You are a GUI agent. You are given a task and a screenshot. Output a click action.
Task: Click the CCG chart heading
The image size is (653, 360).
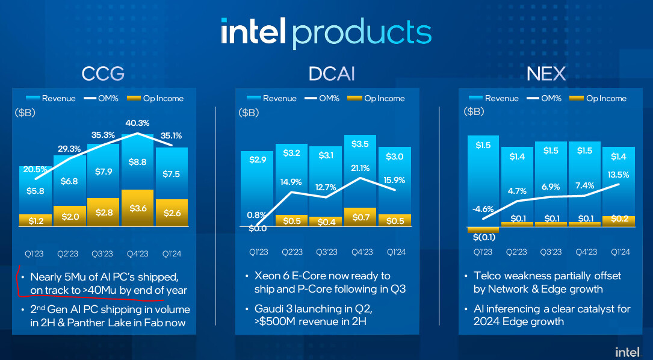click(103, 74)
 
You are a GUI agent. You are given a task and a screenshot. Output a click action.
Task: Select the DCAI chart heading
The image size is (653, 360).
click(332, 74)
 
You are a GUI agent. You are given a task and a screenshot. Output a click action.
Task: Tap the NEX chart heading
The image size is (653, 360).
click(546, 74)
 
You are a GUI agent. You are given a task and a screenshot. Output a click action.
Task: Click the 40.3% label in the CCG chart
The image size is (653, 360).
click(137, 123)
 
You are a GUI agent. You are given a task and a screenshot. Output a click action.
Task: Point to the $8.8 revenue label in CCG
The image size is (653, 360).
click(137, 162)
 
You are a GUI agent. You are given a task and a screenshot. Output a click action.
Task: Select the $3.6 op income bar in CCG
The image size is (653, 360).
click(137, 208)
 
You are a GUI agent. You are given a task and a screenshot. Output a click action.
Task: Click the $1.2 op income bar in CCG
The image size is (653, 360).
click(36, 221)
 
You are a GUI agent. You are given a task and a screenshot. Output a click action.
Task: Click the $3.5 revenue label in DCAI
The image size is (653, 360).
click(360, 144)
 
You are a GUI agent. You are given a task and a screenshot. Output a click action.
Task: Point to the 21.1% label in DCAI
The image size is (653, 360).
click(361, 169)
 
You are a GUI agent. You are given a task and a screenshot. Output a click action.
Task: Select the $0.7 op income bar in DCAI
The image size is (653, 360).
click(361, 217)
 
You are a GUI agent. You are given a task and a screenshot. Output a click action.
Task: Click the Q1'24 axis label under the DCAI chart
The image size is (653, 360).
click(396, 252)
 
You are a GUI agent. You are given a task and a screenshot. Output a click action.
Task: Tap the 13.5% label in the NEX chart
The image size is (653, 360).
click(618, 175)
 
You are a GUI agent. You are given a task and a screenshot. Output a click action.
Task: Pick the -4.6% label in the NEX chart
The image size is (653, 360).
click(483, 209)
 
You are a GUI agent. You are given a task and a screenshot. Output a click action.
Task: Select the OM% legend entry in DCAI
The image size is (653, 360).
click(322, 98)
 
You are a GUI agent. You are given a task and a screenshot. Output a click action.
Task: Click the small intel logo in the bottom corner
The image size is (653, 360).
click(627, 351)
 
